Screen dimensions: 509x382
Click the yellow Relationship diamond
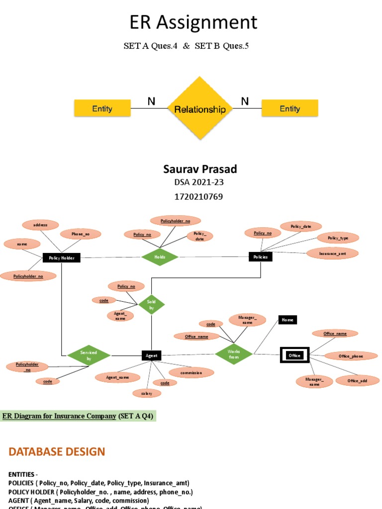[199, 109]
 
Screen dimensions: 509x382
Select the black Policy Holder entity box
[61, 257]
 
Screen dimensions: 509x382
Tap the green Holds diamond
[160, 257]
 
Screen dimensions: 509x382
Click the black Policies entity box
[260, 257]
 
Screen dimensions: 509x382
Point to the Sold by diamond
[151, 305]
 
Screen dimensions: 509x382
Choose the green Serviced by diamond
[89, 355]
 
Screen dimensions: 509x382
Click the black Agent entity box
[151, 355]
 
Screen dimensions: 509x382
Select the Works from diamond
[234, 354]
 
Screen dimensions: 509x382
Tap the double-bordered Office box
[294, 355]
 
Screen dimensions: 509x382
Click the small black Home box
[287, 320]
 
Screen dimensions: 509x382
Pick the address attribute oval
[40, 225]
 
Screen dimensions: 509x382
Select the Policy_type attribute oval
[338, 238]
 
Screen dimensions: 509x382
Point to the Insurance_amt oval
[332, 254]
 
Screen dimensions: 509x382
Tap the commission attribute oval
[191, 372]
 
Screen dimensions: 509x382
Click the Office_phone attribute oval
[351, 356]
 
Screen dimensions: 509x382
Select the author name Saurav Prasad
[200, 169]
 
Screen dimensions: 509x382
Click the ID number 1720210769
[198, 196]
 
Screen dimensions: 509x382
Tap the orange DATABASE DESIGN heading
[57, 451]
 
